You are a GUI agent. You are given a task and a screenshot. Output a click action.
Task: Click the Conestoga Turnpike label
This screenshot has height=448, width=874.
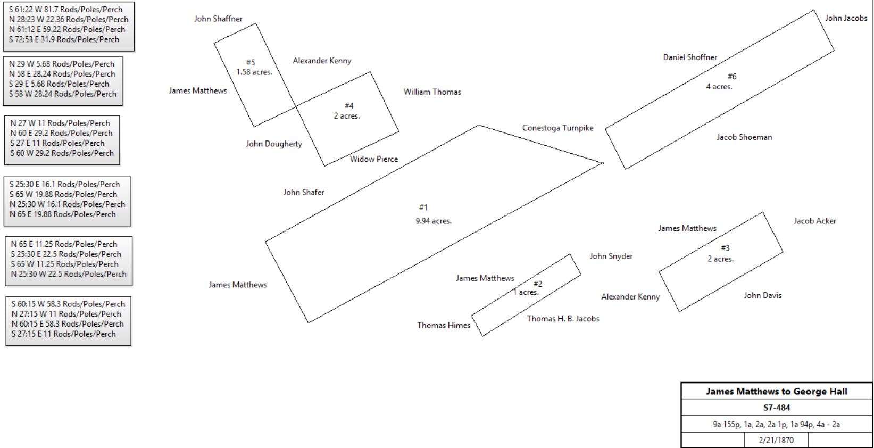(x=557, y=128)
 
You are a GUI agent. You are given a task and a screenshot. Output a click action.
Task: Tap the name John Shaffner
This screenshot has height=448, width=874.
(x=218, y=19)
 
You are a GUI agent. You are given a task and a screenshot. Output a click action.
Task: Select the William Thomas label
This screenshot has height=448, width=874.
(x=432, y=92)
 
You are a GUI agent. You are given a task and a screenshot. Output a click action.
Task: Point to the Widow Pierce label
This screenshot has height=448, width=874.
(x=374, y=159)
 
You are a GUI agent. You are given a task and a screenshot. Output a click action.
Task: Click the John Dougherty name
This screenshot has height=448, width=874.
(x=274, y=144)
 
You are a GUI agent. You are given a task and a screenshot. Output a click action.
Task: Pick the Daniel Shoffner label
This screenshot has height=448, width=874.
(x=690, y=57)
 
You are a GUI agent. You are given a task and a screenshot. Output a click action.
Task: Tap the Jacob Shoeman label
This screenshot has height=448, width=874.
(x=744, y=137)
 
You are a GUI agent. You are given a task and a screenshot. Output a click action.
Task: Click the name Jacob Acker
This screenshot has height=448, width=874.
(x=815, y=221)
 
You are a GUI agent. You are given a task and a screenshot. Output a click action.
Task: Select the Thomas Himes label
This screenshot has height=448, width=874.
(x=444, y=326)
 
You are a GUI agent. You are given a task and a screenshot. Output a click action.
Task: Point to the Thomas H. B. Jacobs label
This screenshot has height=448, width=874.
(x=563, y=319)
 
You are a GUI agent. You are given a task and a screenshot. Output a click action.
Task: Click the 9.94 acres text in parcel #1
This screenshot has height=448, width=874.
(x=434, y=221)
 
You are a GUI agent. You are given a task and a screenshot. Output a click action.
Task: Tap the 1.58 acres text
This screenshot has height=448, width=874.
(x=254, y=72)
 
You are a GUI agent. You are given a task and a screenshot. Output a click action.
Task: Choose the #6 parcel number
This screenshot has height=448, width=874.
(x=731, y=77)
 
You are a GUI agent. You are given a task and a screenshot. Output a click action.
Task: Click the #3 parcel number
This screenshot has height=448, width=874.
(x=725, y=248)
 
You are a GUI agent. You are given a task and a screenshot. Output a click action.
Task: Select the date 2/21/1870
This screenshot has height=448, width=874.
(x=776, y=440)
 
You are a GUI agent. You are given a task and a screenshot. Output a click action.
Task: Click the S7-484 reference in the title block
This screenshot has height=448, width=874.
(x=777, y=408)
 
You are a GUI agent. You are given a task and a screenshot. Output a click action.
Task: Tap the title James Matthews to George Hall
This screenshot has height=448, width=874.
(x=777, y=392)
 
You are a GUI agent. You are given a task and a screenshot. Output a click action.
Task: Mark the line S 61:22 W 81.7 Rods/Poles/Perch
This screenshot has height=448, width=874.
(x=65, y=10)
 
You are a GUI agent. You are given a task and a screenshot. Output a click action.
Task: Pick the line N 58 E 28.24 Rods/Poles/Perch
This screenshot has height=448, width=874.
(x=62, y=74)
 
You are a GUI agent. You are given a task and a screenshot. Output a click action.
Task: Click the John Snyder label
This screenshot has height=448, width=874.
(x=611, y=256)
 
